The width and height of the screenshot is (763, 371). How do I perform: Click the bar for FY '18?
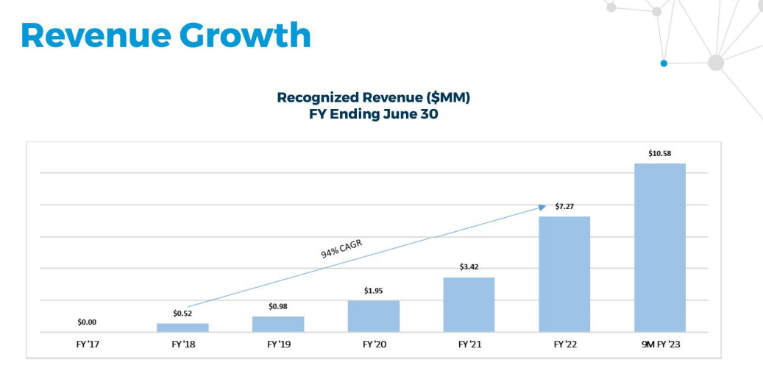coord(182,328)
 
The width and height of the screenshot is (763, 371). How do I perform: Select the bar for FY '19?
coord(278,324)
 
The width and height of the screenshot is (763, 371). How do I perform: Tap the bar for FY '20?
coord(374,316)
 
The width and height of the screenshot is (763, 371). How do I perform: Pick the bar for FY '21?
coord(469,304)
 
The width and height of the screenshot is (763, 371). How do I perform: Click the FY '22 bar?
coord(564,274)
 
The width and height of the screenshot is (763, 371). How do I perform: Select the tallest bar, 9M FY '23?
coord(660,247)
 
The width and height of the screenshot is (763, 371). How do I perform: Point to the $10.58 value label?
coord(660,153)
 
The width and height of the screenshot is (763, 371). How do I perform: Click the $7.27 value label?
coord(564,207)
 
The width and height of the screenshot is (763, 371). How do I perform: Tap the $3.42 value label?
coord(469,267)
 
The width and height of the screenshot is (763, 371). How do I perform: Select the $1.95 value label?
coord(374,291)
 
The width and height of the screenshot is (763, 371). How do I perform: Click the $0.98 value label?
coord(278,306)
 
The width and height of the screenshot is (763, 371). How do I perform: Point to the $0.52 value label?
coord(182,313)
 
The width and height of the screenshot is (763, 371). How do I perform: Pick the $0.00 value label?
coord(87,322)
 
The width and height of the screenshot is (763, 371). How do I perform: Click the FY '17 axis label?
coord(87,344)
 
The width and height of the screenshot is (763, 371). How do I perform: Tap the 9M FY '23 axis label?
coord(660,344)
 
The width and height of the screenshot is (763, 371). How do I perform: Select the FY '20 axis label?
coord(374,344)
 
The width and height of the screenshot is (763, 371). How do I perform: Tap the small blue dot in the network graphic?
coord(664,63)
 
